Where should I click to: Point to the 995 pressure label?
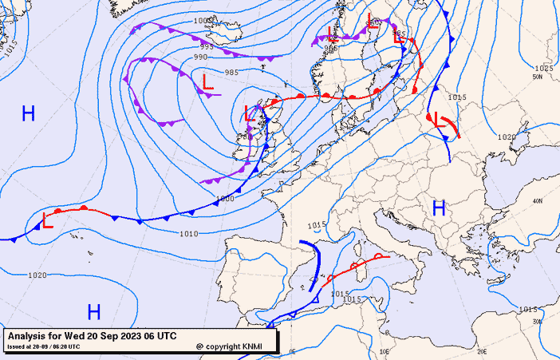click(x=206, y=47)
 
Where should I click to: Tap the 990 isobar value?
click(x=200, y=57)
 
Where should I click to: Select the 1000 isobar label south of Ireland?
click(x=226, y=197)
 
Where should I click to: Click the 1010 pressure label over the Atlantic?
click(x=188, y=234)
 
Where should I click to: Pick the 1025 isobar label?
click(x=543, y=69)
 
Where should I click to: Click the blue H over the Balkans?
click(x=438, y=208)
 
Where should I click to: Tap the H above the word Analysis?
click(x=94, y=311)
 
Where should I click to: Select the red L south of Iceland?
click(x=208, y=81)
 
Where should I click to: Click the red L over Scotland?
click(x=250, y=113)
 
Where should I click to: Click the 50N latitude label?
click(x=538, y=77)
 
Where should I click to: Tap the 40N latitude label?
click(x=538, y=201)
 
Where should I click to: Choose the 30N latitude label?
click(x=538, y=322)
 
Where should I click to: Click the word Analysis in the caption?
click(x=28, y=336)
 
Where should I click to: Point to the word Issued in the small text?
click(x=16, y=346)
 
